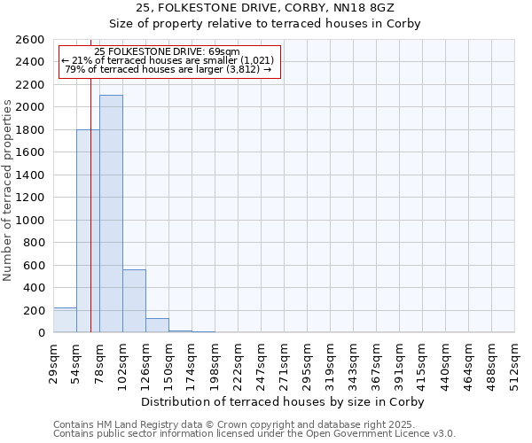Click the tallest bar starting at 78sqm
pos(111,214)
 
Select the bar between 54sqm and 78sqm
pos(88,231)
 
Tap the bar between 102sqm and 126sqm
pos(134,301)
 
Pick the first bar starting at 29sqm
pos(65,320)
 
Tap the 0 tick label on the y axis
pos(42,333)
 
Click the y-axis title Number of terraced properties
pos(8,190)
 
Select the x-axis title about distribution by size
pos(284,402)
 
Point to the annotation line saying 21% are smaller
pos(168,60)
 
